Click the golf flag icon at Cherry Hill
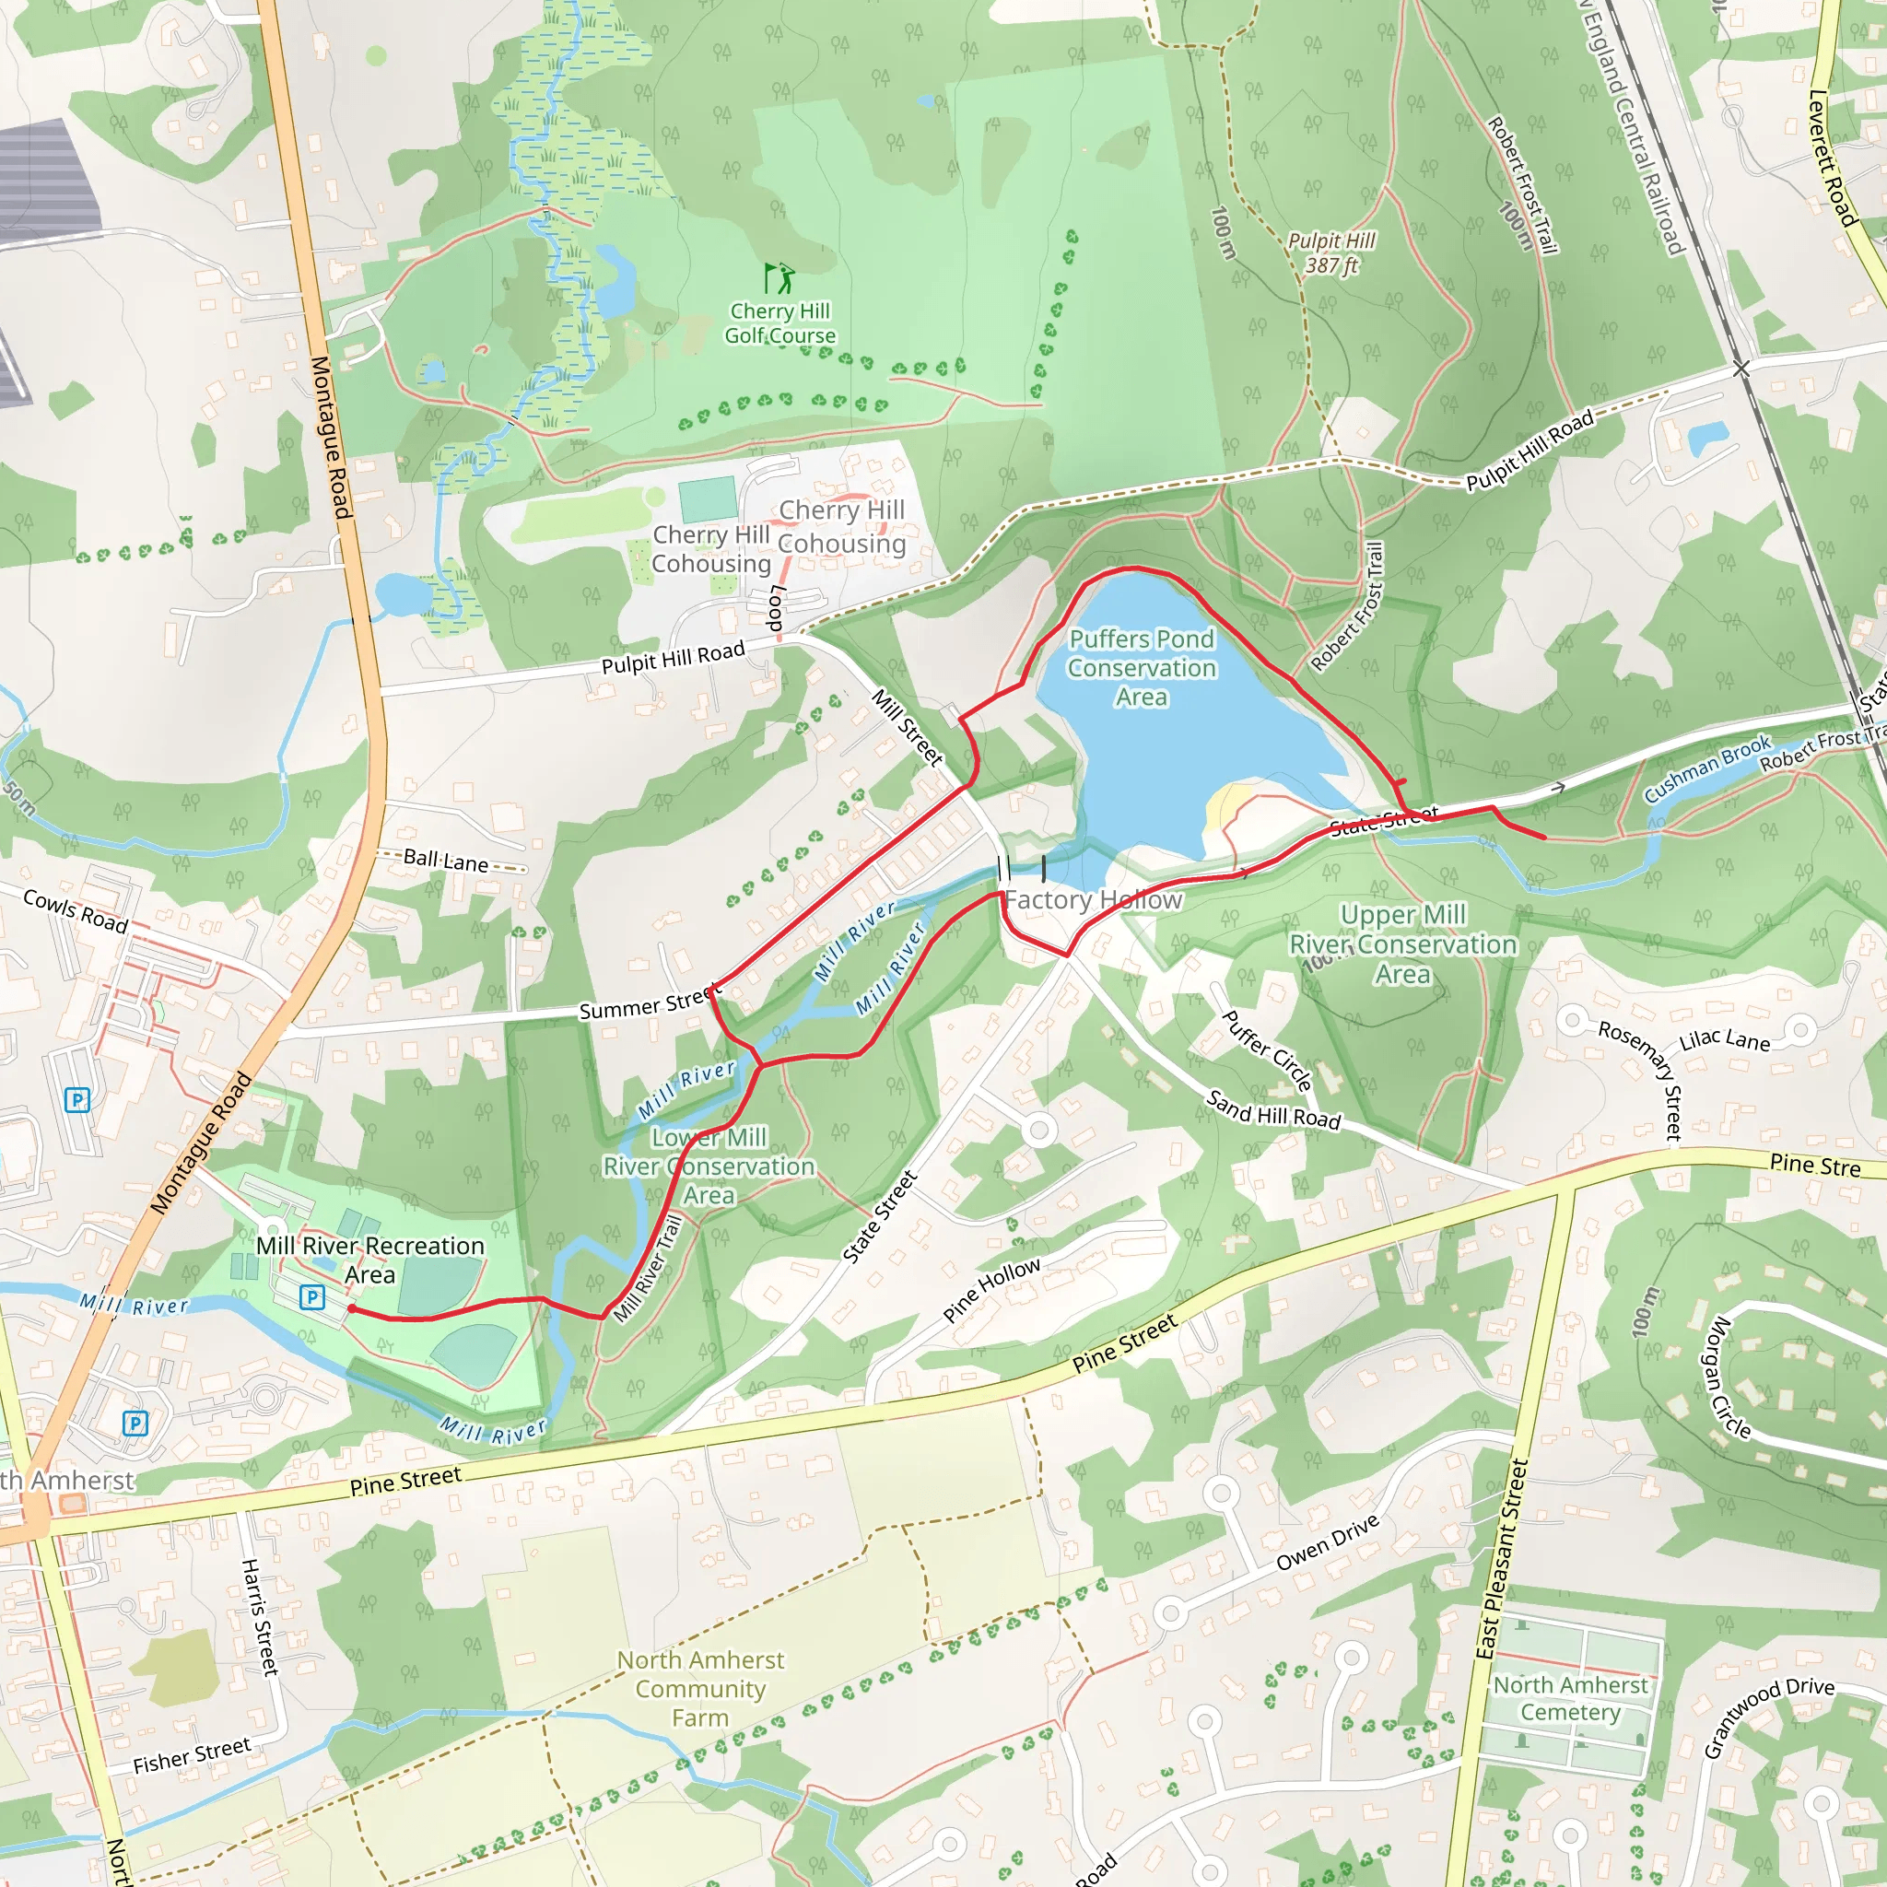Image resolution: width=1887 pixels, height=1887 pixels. point(779,278)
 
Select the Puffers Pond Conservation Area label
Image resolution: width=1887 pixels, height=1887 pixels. point(1142,668)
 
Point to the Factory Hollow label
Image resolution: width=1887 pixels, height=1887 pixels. point(1094,899)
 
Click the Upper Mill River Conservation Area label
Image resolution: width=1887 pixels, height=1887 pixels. point(1402,944)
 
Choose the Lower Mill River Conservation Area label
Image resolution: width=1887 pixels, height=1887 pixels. point(709,1166)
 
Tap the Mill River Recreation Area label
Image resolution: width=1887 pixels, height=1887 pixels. point(370,1260)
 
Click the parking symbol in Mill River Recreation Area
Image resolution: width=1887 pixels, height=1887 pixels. point(311,1297)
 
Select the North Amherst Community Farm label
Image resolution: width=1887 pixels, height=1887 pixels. point(700,1689)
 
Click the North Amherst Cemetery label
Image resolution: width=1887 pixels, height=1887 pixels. point(1571,1698)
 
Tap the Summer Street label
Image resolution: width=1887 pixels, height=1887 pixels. point(650,1003)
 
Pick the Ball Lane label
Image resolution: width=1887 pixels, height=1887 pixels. point(446,861)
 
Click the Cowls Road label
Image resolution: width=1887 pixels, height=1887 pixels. point(76,910)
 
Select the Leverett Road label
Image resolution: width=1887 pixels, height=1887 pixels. point(1832,158)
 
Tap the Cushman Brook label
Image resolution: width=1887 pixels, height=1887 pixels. point(1707,768)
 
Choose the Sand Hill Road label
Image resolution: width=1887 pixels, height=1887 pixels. point(1273,1110)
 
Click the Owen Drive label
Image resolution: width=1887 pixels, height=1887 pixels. point(1328,1543)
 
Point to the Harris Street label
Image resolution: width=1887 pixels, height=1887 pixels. point(260,1616)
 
